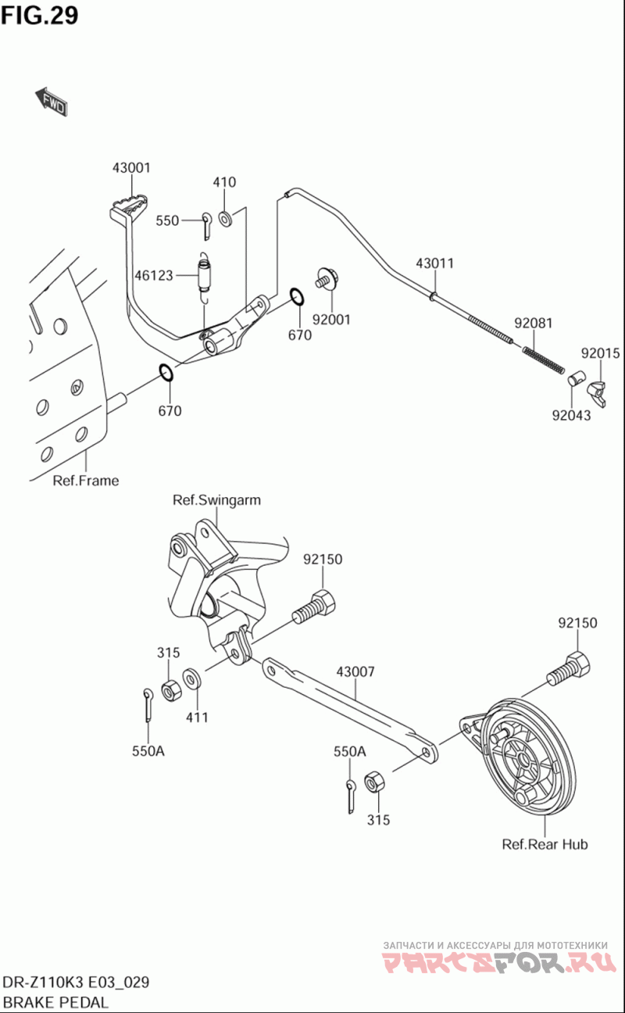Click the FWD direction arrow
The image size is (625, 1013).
point(51,102)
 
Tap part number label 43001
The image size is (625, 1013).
point(131,168)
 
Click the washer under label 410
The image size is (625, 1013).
point(225,218)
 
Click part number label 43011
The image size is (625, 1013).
point(434,263)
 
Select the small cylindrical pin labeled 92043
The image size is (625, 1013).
point(577,377)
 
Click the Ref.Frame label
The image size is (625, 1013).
point(86,480)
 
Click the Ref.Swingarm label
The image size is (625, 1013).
point(216,500)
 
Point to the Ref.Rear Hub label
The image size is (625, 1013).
point(545,844)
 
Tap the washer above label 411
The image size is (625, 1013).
point(192,679)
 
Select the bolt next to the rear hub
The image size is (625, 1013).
point(569,672)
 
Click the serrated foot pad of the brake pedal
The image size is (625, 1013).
point(131,206)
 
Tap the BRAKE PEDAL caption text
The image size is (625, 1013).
point(55,1002)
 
